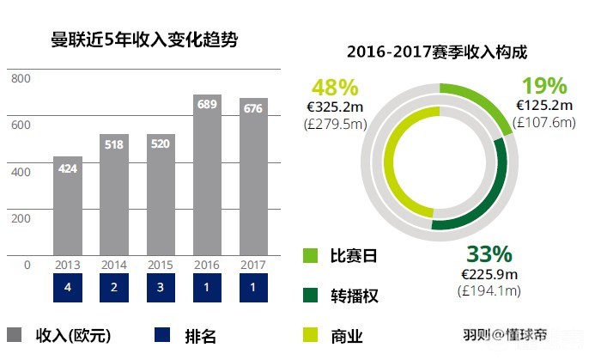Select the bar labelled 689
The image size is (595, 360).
[x=207, y=176]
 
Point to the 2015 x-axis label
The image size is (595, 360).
[x=161, y=265]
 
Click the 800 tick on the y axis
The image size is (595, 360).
[x=21, y=79]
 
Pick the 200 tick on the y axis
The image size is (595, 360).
[x=21, y=217]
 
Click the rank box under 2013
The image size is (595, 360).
[x=68, y=287]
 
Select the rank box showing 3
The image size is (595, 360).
[x=161, y=287]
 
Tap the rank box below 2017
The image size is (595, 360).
[x=253, y=287]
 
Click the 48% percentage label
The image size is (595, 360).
[x=334, y=87]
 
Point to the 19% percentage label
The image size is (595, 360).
[x=544, y=86]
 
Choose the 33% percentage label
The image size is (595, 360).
[x=489, y=254]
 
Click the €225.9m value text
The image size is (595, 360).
[x=489, y=275]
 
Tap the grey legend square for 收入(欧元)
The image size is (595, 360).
[x=14, y=335]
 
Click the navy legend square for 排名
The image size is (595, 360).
[x=161, y=335]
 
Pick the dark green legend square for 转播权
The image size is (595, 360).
[x=311, y=296]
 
